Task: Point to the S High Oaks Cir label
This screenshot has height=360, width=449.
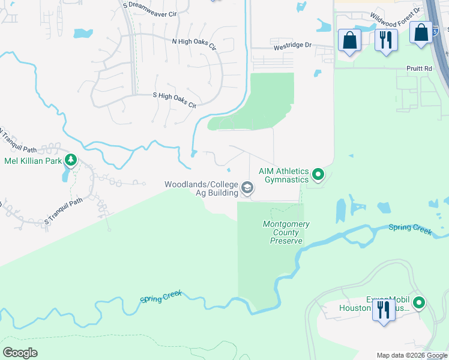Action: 175,101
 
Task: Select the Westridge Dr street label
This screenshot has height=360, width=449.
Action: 294,45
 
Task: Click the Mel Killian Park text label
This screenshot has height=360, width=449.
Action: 33,161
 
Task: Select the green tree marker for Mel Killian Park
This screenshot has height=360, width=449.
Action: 71,160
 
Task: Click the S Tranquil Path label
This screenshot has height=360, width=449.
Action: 63,213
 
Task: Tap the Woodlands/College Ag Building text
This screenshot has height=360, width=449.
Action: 201,188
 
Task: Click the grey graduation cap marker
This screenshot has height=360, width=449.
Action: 247,188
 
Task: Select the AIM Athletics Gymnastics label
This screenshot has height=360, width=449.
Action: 283,175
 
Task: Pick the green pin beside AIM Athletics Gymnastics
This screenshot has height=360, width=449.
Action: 319,175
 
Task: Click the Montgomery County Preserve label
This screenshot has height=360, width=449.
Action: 286,232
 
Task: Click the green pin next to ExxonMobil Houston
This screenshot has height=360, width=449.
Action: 421,304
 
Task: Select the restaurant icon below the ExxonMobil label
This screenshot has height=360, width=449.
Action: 383,310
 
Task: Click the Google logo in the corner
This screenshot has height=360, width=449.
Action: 20,353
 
